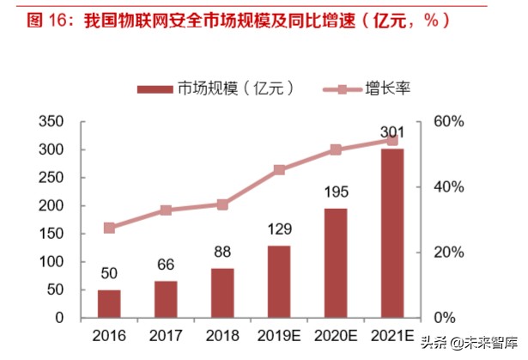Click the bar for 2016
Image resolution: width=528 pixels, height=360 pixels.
[109, 303]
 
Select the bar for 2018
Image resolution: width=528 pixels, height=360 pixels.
[222, 293]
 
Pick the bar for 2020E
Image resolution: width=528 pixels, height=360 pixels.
[335, 263]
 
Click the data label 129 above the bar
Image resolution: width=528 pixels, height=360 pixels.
[279, 229]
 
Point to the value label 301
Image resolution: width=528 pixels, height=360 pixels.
[391, 132]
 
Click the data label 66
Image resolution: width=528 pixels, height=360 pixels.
[166, 265]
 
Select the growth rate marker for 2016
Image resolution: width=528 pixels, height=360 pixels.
[109, 228]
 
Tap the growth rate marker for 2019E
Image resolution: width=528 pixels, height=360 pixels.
[279, 170]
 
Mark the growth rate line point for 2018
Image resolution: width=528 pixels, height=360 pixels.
[222, 204]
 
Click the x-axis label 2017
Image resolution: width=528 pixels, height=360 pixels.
[166, 334]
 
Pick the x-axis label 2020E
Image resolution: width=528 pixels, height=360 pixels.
[335, 334]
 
